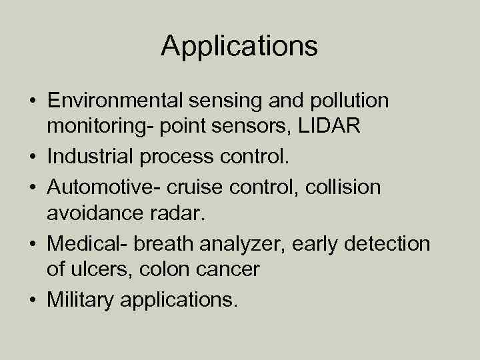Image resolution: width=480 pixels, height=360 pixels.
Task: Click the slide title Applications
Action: (x=239, y=47)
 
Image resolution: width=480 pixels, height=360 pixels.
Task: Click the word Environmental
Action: (x=115, y=101)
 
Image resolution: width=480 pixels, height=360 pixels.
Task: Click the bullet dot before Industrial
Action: (x=33, y=157)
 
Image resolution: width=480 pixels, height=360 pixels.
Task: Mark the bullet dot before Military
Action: (x=33, y=301)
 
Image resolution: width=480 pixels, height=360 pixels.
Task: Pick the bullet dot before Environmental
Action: (x=33, y=101)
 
